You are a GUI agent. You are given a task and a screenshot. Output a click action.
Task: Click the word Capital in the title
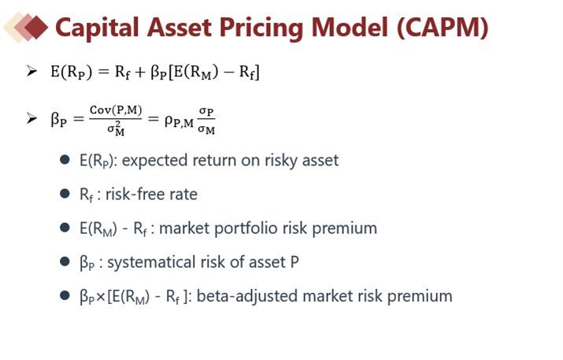click(x=97, y=28)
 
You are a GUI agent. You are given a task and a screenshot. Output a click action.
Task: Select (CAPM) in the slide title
click(x=443, y=28)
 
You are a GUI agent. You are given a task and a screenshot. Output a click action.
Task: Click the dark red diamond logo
click(x=36, y=27)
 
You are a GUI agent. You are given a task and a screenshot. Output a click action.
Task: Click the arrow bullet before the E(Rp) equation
click(x=31, y=71)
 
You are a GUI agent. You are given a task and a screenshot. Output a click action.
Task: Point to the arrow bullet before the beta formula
click(x=31, y=118)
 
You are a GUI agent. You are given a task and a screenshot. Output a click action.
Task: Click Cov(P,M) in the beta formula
click(x=116, y=110)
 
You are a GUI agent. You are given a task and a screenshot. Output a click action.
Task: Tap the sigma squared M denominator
click(x=116, y=128)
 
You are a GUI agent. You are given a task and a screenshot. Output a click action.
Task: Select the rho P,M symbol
click(x=179, y=121)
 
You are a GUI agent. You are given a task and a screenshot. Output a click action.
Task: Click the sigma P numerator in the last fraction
click(x=206, y=112)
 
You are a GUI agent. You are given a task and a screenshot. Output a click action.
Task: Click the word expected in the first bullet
click(x=155, y=161)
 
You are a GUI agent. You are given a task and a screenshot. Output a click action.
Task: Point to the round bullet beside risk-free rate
click(x=65, y=194)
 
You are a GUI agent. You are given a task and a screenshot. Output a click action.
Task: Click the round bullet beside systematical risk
click(x=65, y=262)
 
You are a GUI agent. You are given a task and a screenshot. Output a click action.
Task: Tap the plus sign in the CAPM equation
click(x=139, y=72)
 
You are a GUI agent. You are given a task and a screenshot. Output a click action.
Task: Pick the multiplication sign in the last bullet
click(x=101, y=297)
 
